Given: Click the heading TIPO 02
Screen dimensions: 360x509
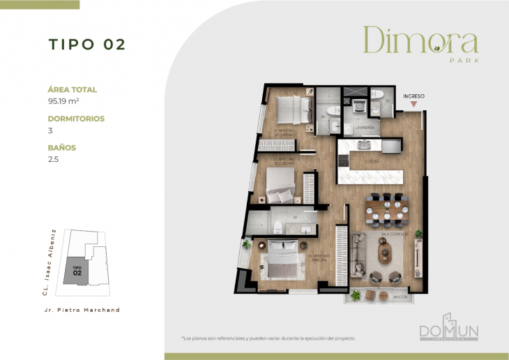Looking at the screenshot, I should (86, 44).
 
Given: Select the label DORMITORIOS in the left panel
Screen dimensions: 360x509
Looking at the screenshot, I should (76, 119).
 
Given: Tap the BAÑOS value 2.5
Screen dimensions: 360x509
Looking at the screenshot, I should (54, 159).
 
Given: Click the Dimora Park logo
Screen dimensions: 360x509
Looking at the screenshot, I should (420, 44).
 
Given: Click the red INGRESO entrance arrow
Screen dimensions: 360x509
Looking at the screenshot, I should (414, 105).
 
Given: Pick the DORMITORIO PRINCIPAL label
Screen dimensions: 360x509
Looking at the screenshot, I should (318, 257).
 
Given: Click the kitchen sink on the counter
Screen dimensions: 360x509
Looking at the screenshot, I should (363, 145).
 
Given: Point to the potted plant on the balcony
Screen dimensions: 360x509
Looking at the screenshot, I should (356, 295).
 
